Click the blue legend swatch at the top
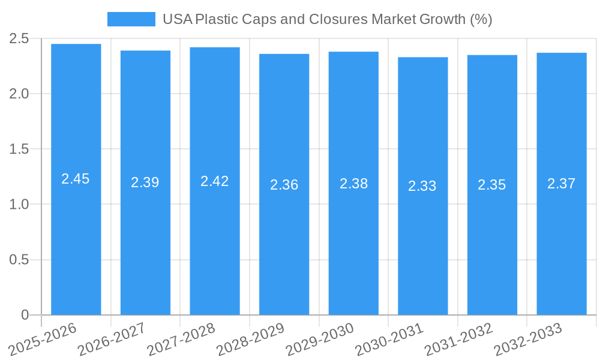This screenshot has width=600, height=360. pyautogui.click(x=131, y=19)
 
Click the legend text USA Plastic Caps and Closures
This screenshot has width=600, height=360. pyautogui.click(x=327, y=19)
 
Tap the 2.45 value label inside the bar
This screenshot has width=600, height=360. pyautogui.click(x=76, y=179)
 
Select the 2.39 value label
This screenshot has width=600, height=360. pyautogui.click(x=145, y=182)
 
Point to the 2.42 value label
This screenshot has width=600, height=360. pyautogui.click(x=215, y=181)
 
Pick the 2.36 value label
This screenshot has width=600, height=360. pyautogui.click(x=284, y=185)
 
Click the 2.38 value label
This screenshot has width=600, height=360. pyautogui.click(x=354, y=184)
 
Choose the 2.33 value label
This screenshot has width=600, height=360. pyautogui.click(x=422, y=186)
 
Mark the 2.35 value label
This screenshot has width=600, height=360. pyautogui.click(x=492, y=185)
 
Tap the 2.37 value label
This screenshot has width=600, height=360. pyautogui.click(x=562, y=184)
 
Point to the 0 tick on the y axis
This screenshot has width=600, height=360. pyautogui.click(x=25, y=315)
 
